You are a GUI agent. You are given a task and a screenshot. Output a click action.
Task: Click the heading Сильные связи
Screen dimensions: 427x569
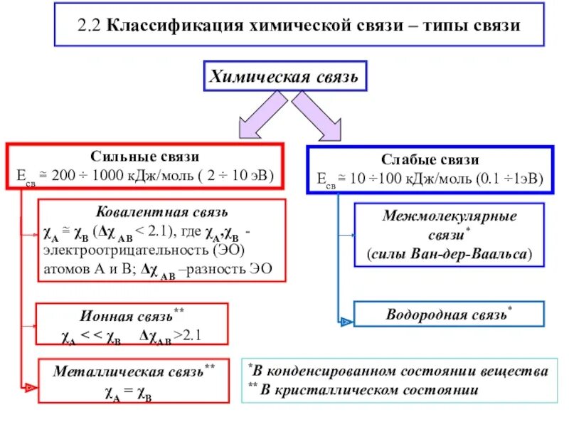pos(144,157)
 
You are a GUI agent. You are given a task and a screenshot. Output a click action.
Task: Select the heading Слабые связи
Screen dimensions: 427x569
pos(429,159)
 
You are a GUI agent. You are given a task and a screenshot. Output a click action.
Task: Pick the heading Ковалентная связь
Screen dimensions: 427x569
pos(162,212)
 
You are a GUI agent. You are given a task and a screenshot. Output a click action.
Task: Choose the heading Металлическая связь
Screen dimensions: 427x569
pos(127,371)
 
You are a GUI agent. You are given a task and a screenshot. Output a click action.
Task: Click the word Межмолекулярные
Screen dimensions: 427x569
pos(450,216)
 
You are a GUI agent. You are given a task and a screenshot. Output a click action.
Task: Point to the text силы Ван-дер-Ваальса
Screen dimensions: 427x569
pos(450,253)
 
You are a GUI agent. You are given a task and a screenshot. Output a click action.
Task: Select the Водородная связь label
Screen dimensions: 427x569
pos(445,314)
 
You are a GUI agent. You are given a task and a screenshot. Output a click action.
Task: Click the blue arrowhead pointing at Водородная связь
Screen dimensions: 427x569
pos(346,322)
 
